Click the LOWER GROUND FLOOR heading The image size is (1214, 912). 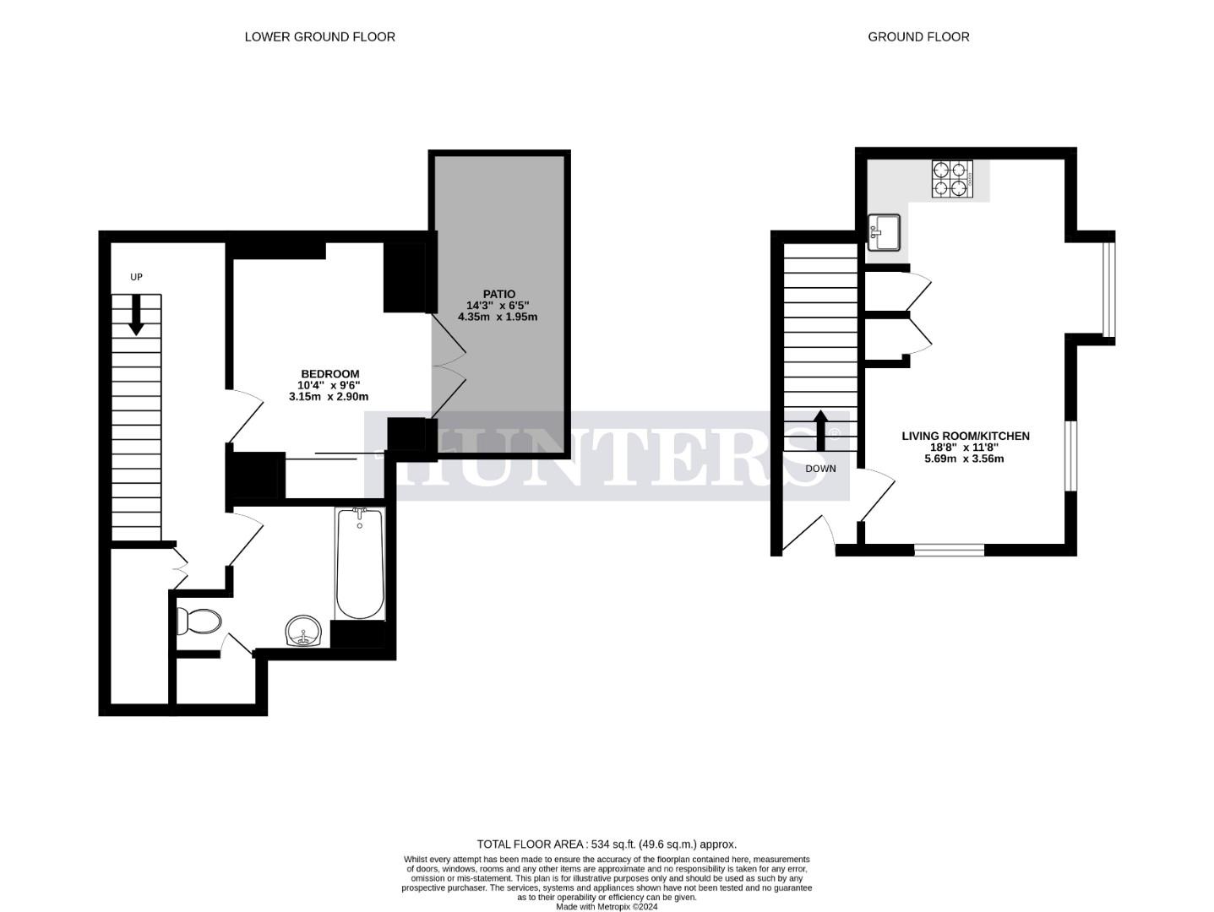(x=319, y=36)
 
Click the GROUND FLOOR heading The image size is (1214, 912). (x=918, y=36)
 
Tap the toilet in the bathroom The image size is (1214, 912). (x=199, y=622)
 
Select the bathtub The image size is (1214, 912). (x=360, y=564)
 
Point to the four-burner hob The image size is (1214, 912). (x=952, y=178)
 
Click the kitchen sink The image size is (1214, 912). (x=885, y=232)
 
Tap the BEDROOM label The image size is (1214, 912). (x=330, y=374)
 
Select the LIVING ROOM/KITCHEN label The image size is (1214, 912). (x=965, y=436)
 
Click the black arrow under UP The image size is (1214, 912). (x=135, y=317)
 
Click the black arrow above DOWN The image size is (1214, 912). (x=819, y=430)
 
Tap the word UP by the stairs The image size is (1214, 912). (x=136, y=277)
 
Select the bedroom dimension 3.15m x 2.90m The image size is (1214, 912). (x=329, y=396)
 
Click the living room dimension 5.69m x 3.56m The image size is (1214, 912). (x=964, y=459)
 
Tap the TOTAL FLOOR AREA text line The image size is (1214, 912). (x=607, y=844)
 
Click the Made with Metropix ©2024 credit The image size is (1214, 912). (x=606, y=907)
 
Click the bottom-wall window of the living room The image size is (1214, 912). (x=949, y=550)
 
